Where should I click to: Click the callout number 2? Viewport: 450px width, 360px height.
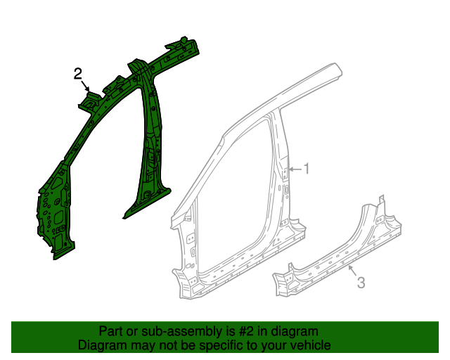[78, 73]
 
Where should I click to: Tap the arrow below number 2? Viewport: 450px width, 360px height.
[86, 87]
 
